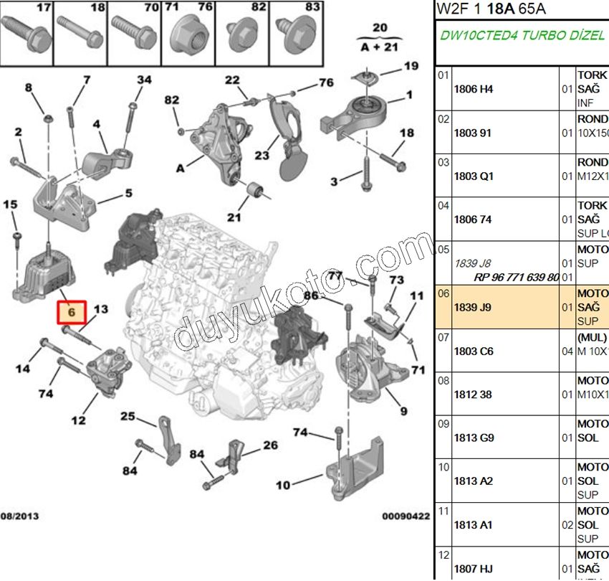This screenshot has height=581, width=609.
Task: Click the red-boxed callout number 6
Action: click(71, 312)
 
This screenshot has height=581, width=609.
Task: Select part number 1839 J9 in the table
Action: click(474, 307)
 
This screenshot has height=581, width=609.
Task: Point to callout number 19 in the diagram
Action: click(411, 66)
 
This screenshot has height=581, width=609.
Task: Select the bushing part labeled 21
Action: click(256, 190)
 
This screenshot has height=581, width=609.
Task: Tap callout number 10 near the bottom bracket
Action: click(283, 486)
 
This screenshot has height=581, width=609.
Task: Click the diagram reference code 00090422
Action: click(405, 515)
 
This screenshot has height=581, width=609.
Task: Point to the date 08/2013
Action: click(20, 515)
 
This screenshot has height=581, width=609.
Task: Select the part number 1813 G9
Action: click(474, 438)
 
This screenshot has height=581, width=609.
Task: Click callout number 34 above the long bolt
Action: click(144, 80)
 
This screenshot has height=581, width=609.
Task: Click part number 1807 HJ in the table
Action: click(474, 569)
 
